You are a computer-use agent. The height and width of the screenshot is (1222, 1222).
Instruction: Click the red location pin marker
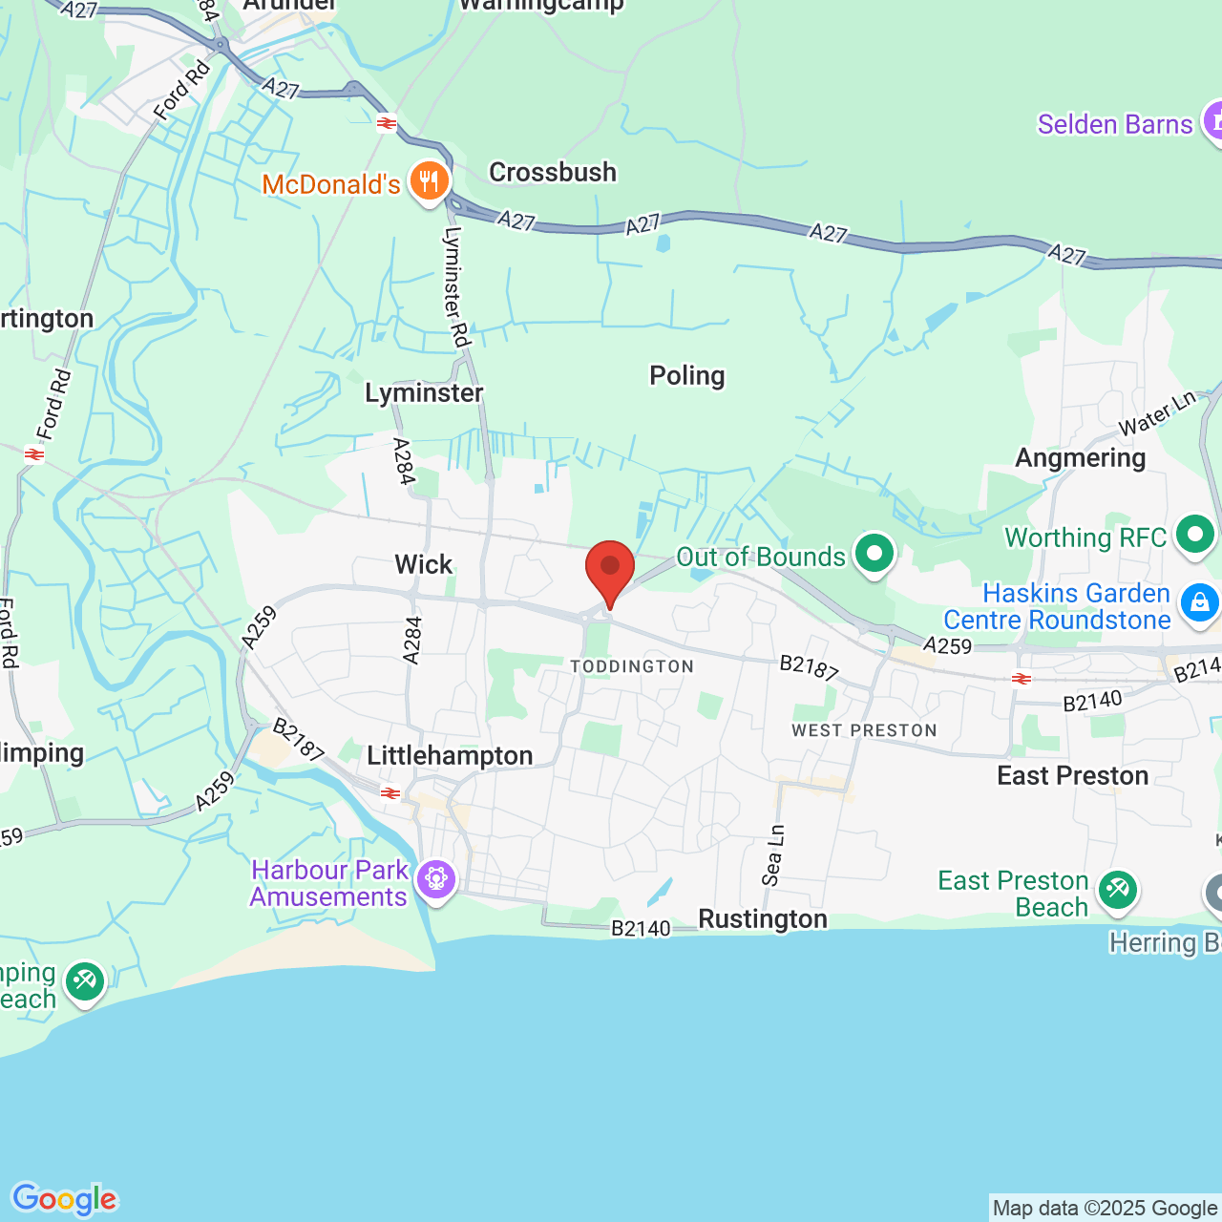(x=609, y=569)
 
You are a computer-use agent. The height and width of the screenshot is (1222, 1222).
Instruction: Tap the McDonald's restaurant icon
(x=430, y=180)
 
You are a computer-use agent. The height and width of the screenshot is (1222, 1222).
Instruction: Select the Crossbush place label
(x=553, y=172)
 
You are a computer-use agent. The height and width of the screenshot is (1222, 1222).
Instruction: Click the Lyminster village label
(x=424, y=392)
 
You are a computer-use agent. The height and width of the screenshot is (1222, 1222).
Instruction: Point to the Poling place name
(x=686, y=375)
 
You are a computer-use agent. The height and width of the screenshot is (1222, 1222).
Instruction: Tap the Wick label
(x=423, y=564)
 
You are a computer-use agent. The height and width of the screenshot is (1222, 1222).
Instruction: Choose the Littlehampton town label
(x=450, y=755)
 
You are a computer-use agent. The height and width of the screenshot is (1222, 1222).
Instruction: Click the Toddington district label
(x=632, y=666)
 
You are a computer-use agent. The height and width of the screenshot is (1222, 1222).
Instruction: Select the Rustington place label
(x=763, y=918)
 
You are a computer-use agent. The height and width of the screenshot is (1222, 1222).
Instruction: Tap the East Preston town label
(x=1072, y=775)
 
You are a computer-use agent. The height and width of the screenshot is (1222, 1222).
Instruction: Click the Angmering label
(x=1080, y=457)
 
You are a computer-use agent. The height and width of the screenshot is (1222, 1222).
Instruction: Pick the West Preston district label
(x=864, y=730)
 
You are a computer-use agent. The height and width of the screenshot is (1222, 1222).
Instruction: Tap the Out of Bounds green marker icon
(x=874, y=553)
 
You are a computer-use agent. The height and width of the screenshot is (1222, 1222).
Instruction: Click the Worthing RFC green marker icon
(x=1195, y=535)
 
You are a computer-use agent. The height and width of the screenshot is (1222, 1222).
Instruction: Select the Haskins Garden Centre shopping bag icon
(x=1199, y=603)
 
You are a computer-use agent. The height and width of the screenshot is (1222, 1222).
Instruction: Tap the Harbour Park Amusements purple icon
(x=436, y=878)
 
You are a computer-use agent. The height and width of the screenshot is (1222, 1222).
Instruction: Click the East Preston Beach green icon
(x=1117, y=891)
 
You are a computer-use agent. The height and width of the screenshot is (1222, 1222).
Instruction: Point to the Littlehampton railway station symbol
(x=390, y=793)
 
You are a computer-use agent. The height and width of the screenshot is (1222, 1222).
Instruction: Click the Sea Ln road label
(x=773, y=854)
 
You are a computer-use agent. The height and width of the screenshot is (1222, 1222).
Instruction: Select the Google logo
(x=64, y=1199)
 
